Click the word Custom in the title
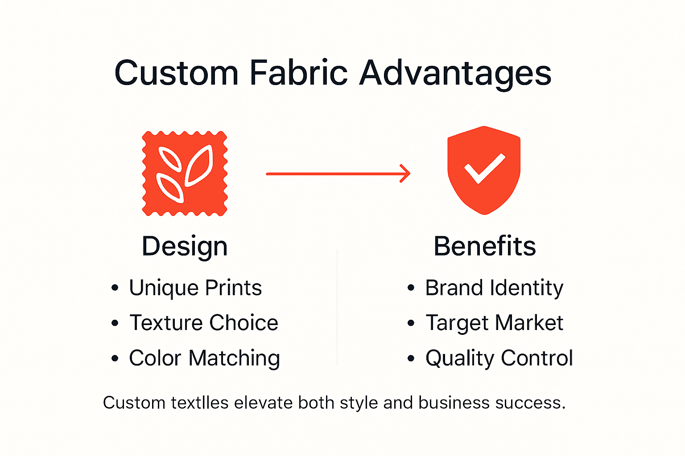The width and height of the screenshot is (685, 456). click(176, 73)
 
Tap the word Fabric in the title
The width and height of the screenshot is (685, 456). click(298, 73)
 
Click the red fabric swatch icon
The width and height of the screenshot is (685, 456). click(185, 174)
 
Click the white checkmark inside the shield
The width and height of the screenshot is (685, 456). click(484, 169)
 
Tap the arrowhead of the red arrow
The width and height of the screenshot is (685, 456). click(405, 174)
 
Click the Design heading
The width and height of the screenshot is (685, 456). click(185, 247)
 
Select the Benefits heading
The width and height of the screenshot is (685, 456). click(485, 246)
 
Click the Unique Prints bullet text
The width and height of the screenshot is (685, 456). click(195, 288)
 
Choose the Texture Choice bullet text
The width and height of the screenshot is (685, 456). click(204, 323)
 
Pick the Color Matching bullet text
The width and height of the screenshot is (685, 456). click(204, 358)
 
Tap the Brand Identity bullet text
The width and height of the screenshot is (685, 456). click(494, 288)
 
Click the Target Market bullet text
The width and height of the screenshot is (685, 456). click(494, 323)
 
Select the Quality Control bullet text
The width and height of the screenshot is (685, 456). click(499, 358)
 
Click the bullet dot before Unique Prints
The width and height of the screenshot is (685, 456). click(115, 288)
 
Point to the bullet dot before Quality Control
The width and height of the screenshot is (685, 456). click(411, 358)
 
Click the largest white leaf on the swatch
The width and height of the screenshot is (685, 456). click(199, 166)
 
